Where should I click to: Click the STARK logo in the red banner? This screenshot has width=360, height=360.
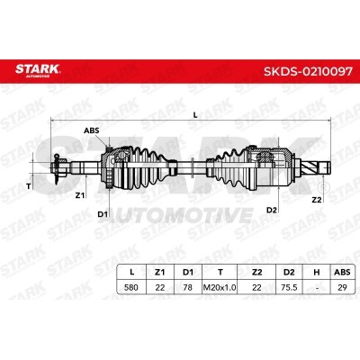pyautogui.click(x=38, y=71)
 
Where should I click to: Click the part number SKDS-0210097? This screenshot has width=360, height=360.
pyautogui.click(x=308, y=71)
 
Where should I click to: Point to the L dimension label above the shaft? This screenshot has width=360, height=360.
pyautogui.click(x=195, y=115)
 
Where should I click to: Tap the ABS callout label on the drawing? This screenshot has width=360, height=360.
pyautogui.click(x=91, y=130)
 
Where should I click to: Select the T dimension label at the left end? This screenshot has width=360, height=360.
pyautogui.click(x=28, y=186)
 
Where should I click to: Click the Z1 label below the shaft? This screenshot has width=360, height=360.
pyautogui.click(x=79, y=195)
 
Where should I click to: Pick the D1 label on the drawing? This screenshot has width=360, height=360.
pyautogui.click(x=103, y=214)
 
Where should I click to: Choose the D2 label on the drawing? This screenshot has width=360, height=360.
pyautogui.click(x=272, y=210)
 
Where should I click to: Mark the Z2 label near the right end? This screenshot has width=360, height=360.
pyautogui.click(x=317, y=200)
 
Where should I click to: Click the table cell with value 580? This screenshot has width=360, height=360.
pyautogui.click(x=131, y=287)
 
